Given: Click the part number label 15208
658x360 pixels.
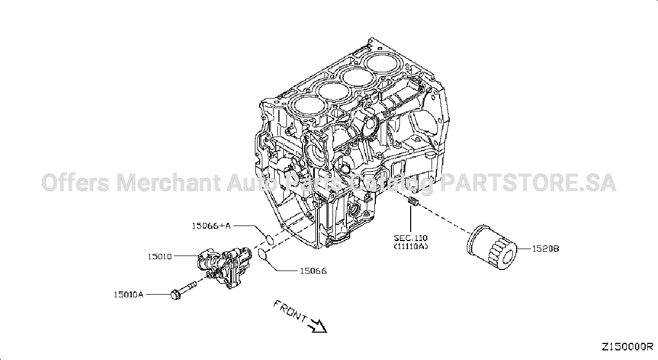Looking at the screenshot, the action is [546, 249].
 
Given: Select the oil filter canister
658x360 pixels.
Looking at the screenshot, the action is [491, 247].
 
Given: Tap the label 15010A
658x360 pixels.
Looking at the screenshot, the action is [128, 294].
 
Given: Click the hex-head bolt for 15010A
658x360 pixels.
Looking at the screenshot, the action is [184, 290].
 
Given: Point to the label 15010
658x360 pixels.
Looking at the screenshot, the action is [160, 257].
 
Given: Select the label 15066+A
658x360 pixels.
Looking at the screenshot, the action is [211, 226].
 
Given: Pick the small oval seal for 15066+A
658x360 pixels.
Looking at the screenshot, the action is [269, 239].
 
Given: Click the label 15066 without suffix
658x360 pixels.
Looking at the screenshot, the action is [313, 271].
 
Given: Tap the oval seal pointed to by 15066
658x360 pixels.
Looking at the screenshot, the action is [262, 254].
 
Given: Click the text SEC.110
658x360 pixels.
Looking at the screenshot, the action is [411, 237].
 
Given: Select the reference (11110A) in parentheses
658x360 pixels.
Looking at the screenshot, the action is [411, 246].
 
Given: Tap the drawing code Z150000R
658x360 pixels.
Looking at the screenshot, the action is [627, 347].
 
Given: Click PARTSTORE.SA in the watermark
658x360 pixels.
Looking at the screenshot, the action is [528, 182].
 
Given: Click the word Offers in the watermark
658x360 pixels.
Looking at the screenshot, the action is [76, 182].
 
